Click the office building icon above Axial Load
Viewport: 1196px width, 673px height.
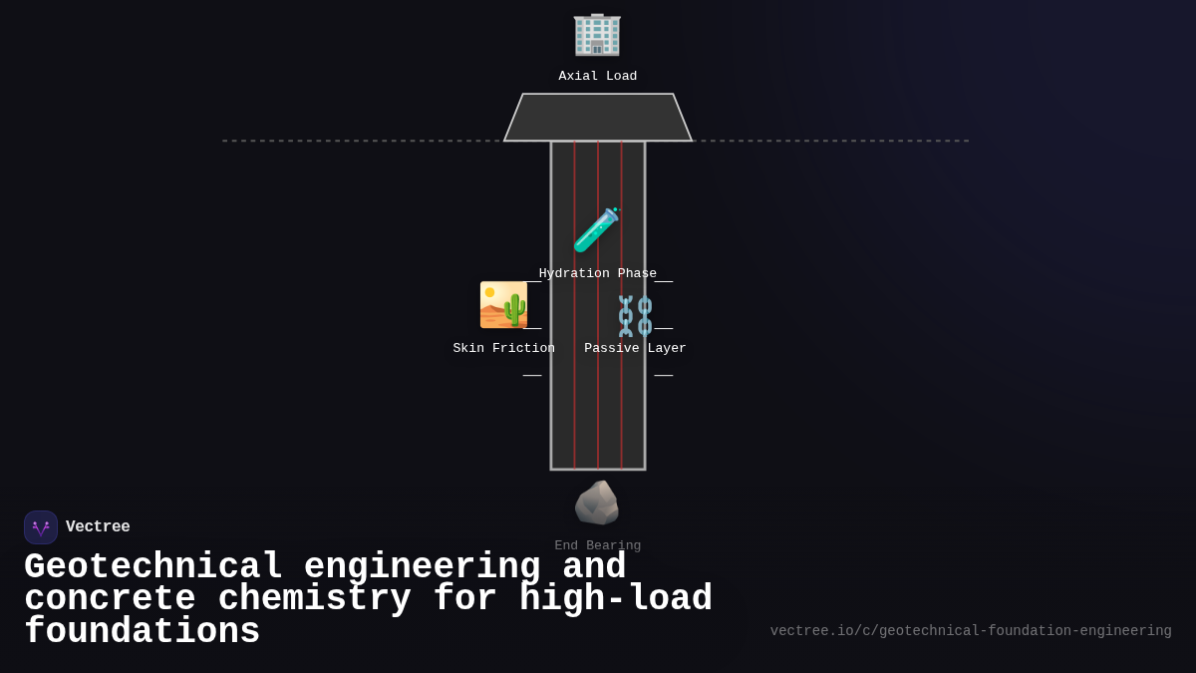[597, 34]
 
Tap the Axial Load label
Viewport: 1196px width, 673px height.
[598, 77]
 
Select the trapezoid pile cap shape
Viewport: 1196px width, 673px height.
[598, 118]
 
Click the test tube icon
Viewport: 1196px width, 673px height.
[596, 230]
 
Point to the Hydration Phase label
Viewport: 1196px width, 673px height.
[598, 274]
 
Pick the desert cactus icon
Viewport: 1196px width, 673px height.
[503, 305]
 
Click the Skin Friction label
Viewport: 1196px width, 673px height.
[503, 349]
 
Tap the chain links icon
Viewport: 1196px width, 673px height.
[635, 316]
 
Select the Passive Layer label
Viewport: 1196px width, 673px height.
[635, 349]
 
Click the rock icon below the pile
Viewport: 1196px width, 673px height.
[597, 503]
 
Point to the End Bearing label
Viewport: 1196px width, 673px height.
[598, 546]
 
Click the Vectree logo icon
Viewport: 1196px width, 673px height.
[41, 527]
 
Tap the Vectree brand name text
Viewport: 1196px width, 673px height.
[98, 527]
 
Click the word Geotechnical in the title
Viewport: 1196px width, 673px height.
[153, 567]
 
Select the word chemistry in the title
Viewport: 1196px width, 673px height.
[314, 599]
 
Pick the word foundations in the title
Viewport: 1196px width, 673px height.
[142, 632]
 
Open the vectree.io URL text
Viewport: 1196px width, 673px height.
[971, 631]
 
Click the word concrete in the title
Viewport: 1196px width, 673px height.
[110, 599]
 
